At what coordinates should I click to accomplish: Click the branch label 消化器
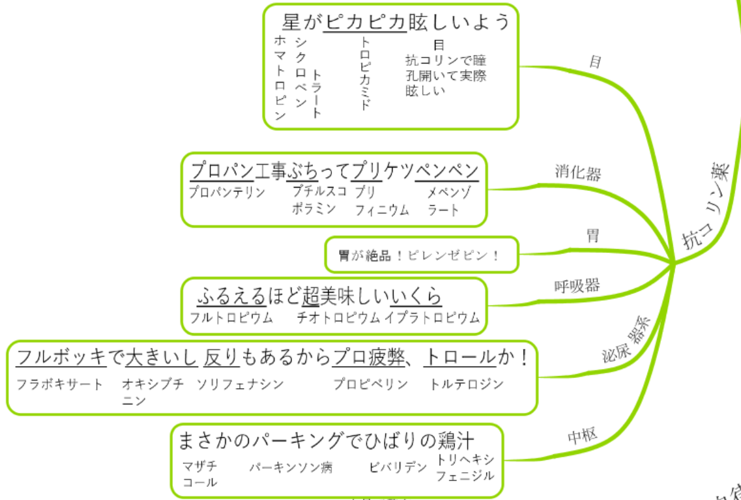coord(578,173)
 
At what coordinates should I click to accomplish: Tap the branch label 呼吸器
coord(577,286)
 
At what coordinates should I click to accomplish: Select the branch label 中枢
coord(583,435)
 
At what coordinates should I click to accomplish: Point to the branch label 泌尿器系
coord(626,339)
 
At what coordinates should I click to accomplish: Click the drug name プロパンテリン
coord(227,192)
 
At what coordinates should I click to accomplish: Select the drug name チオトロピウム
coord(338,317)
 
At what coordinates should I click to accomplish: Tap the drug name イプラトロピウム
coord(432,317)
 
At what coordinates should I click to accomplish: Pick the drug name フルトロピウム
coord(231,317)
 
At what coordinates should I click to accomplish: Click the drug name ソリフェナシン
coord(240,384)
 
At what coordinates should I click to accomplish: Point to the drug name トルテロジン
coord(466,384)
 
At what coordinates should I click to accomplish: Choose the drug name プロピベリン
coord(370,384)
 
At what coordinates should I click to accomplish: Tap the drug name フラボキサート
coord(59,384)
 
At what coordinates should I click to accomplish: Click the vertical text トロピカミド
coord(364,73)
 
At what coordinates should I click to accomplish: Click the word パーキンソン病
coord(290,467)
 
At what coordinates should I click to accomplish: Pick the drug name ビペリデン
coord(398,467)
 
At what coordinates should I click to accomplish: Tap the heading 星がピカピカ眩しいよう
coord(396,21)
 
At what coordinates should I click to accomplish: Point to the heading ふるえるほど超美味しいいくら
coord(319,296)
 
